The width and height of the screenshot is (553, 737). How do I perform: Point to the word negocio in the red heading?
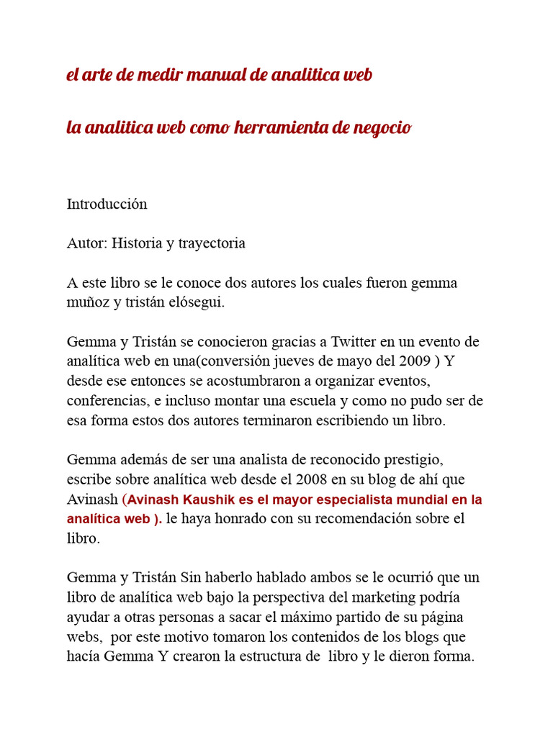click(382, 128)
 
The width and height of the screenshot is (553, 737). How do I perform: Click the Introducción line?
click(107, 204)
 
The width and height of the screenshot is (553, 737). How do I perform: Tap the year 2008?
click(244, 479)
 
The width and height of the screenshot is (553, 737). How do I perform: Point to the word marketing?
click(348, 597)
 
